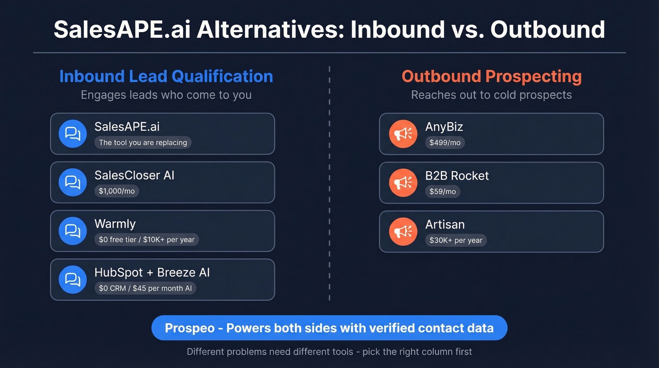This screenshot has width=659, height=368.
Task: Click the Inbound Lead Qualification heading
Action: click(166, 76)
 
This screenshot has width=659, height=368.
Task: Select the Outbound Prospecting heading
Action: click(491, 76)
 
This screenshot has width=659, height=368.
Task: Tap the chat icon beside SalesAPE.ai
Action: click(72, 134)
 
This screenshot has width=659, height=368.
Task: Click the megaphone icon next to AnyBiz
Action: click(403, 134)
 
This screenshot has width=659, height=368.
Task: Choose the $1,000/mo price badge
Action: click(117, 191)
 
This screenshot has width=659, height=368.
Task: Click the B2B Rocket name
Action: click(457, 176)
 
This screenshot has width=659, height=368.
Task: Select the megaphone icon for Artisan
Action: click(403, 231)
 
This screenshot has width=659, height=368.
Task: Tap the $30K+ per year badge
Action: click(456, 240)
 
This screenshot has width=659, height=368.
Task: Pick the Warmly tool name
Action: click(115, 224)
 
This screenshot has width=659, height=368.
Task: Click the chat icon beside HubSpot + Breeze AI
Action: click(72, 279)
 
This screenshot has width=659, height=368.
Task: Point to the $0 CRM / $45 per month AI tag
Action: click(145, 288)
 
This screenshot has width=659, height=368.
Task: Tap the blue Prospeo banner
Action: click(329, 328)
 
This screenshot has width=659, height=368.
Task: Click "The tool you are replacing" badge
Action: click(143, 142)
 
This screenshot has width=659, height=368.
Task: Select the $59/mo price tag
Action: click(442, 191)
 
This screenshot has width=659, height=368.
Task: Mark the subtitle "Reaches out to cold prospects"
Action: click(491, 95)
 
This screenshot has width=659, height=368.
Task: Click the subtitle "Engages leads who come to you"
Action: click(166, 95)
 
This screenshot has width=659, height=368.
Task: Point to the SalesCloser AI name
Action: click(134, 175)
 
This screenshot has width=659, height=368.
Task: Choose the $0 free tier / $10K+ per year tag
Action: click(146, 239)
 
